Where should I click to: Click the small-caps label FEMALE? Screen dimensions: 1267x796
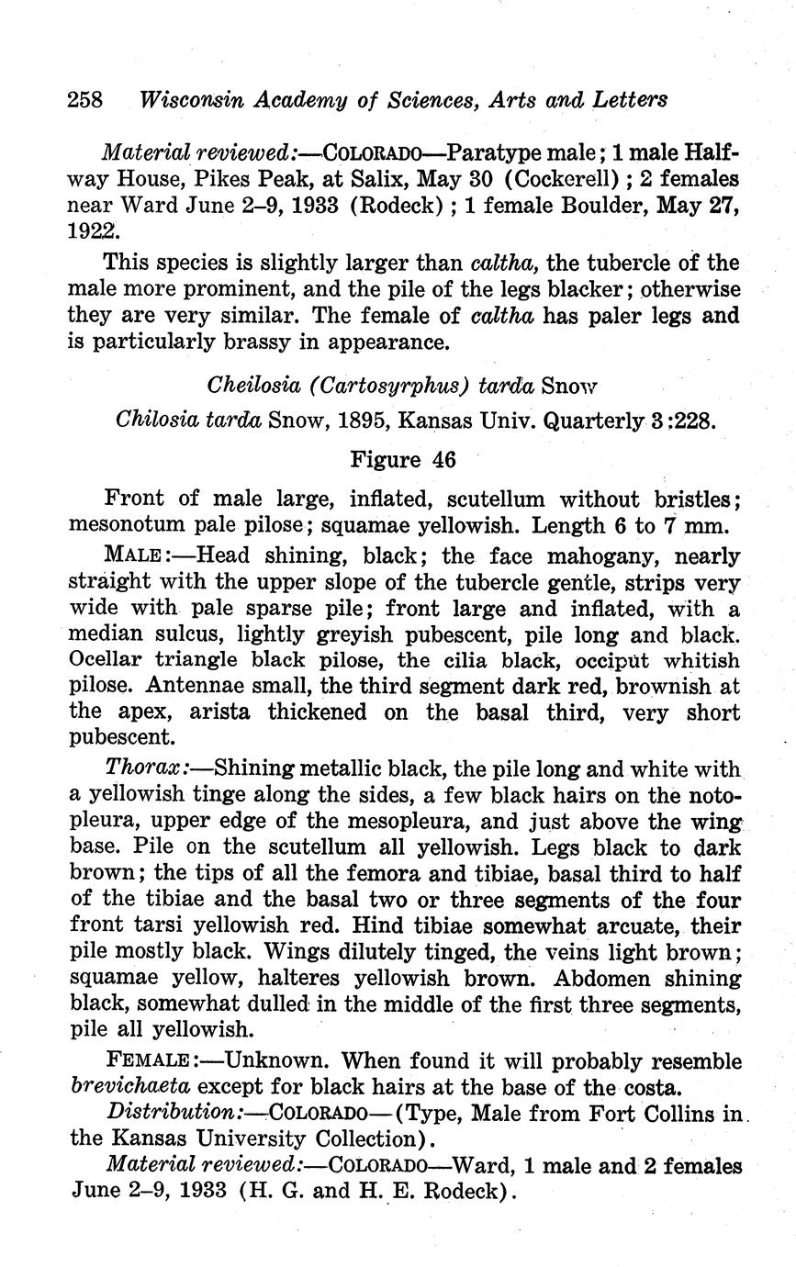pyautogui.click(x=147, y=1062)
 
